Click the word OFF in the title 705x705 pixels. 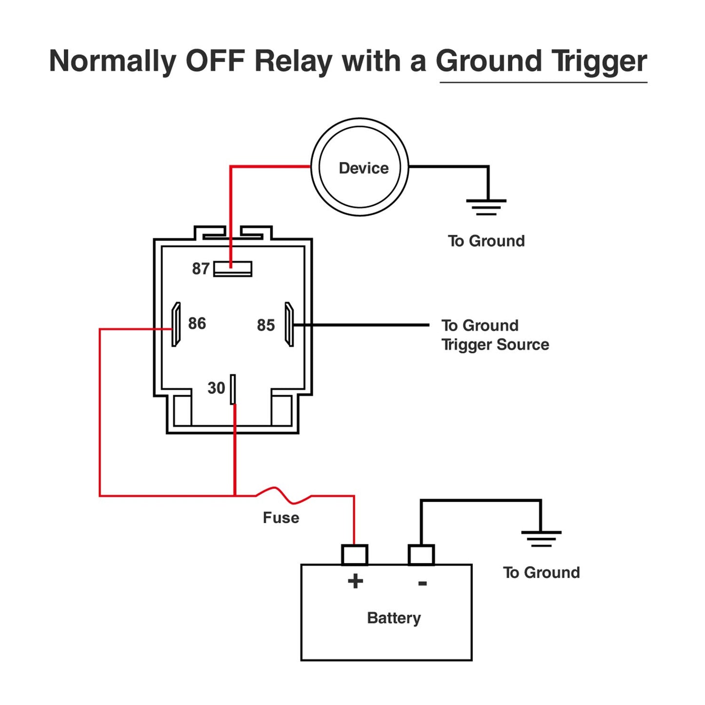click(214, 61)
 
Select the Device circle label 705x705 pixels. click(363, 168)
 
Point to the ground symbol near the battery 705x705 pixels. click(541, 538)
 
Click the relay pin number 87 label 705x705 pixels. click(201, 269)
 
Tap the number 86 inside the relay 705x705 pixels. click(197, 323)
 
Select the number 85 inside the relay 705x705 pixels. click(266, 325)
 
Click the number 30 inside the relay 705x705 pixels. click(216, 388)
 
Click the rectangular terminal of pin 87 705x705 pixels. click(233, 269)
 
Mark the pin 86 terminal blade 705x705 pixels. click(176, 324)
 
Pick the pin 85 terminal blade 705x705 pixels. click(289, 324)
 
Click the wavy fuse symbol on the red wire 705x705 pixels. click(283, 495)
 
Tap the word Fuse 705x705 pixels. click(281, 518)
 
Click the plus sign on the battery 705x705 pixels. click(355, 581)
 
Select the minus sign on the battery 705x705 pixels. click(423, 583)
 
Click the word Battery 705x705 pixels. click(394, 618)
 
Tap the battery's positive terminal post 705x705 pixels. click(355, 555)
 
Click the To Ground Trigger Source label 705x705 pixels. click(495, 335)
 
